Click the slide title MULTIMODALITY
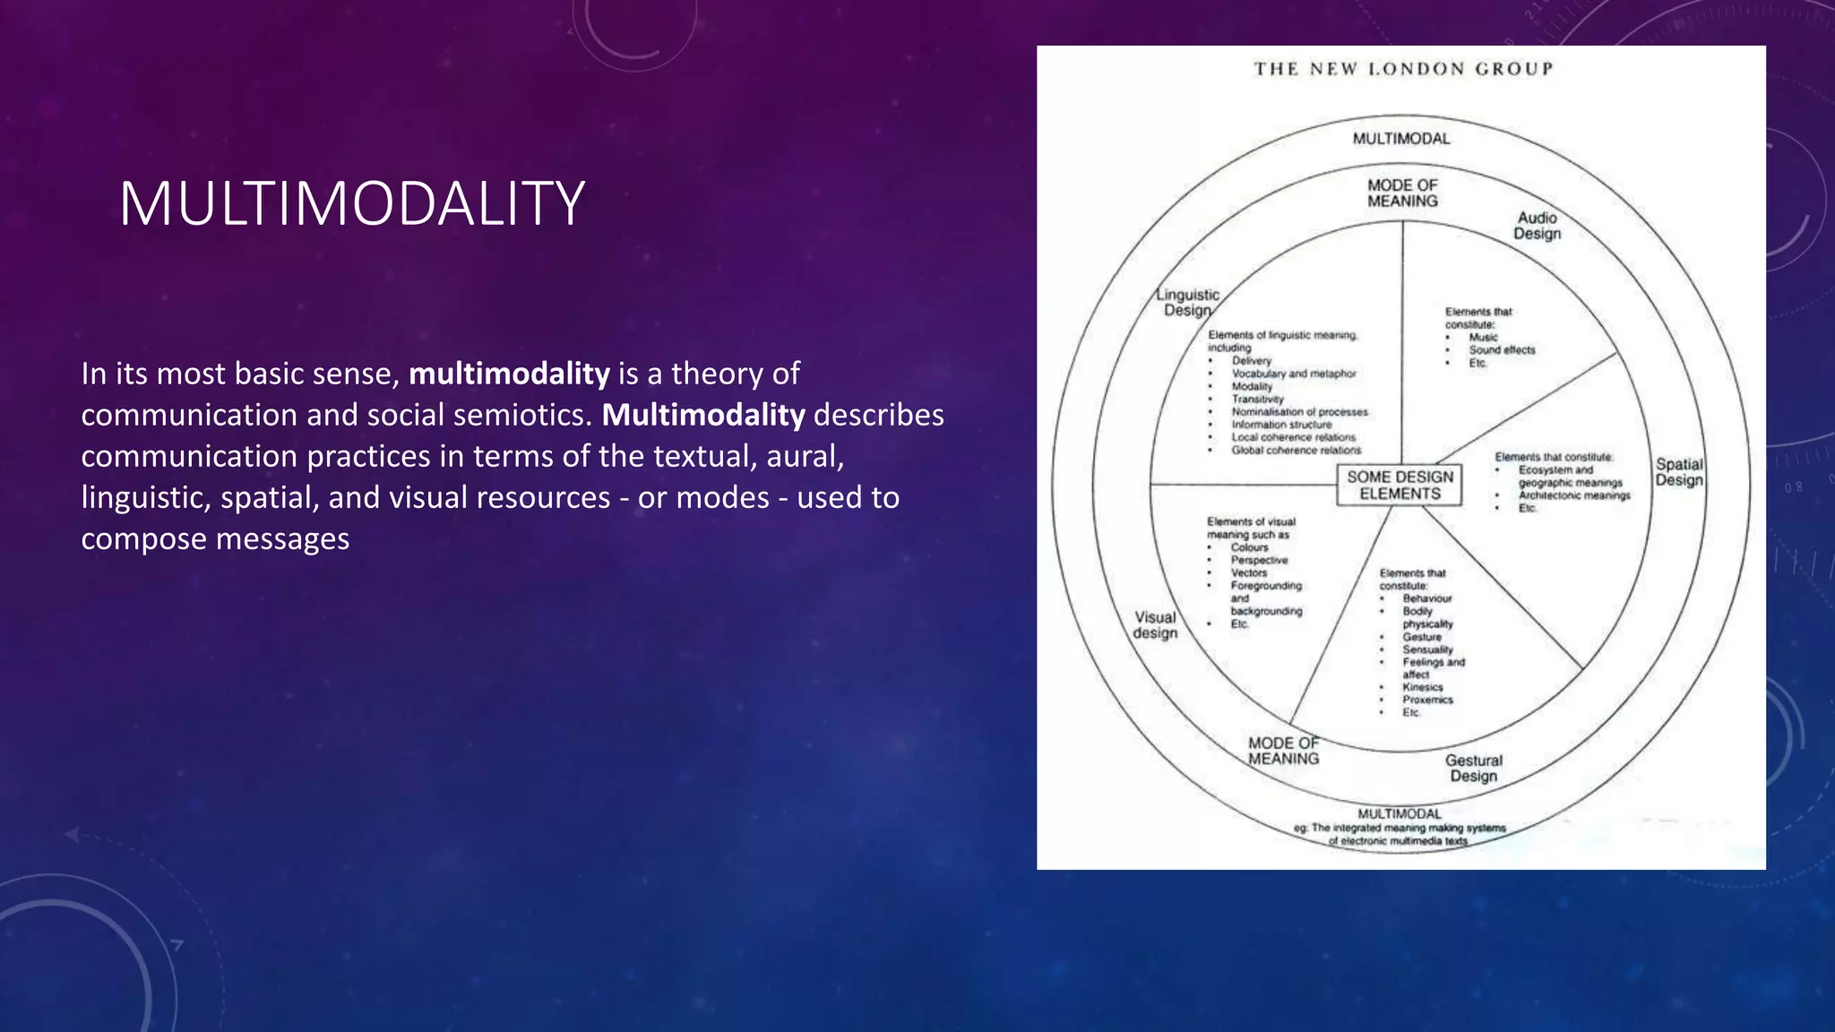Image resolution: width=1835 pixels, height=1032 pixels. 351,203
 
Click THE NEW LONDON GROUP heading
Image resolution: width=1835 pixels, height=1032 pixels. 1402,69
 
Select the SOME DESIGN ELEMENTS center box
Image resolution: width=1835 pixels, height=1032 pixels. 1400,486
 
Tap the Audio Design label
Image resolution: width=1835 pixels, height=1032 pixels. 1537,226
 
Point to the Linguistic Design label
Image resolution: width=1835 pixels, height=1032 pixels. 1187,303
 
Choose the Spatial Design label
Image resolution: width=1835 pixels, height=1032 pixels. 1679,472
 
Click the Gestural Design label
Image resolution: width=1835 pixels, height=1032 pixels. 1473,768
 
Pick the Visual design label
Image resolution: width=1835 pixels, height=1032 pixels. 1155,625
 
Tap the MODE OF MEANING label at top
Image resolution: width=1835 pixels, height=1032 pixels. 1402,193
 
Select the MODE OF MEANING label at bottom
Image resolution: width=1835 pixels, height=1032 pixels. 1283,751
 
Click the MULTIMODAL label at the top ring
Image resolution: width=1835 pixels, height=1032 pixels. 1400,139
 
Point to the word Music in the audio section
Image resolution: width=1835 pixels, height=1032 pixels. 1483,338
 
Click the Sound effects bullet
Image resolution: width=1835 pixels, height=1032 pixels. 1502,350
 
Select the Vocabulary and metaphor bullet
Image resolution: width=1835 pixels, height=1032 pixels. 1293,374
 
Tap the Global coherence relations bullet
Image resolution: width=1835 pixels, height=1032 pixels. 1296,451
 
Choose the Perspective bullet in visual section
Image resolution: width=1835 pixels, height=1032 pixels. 1259,560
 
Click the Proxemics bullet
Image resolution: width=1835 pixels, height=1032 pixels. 1427,700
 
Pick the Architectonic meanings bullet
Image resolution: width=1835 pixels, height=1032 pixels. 1573,495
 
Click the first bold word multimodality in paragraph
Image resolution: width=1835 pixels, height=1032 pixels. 509,374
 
